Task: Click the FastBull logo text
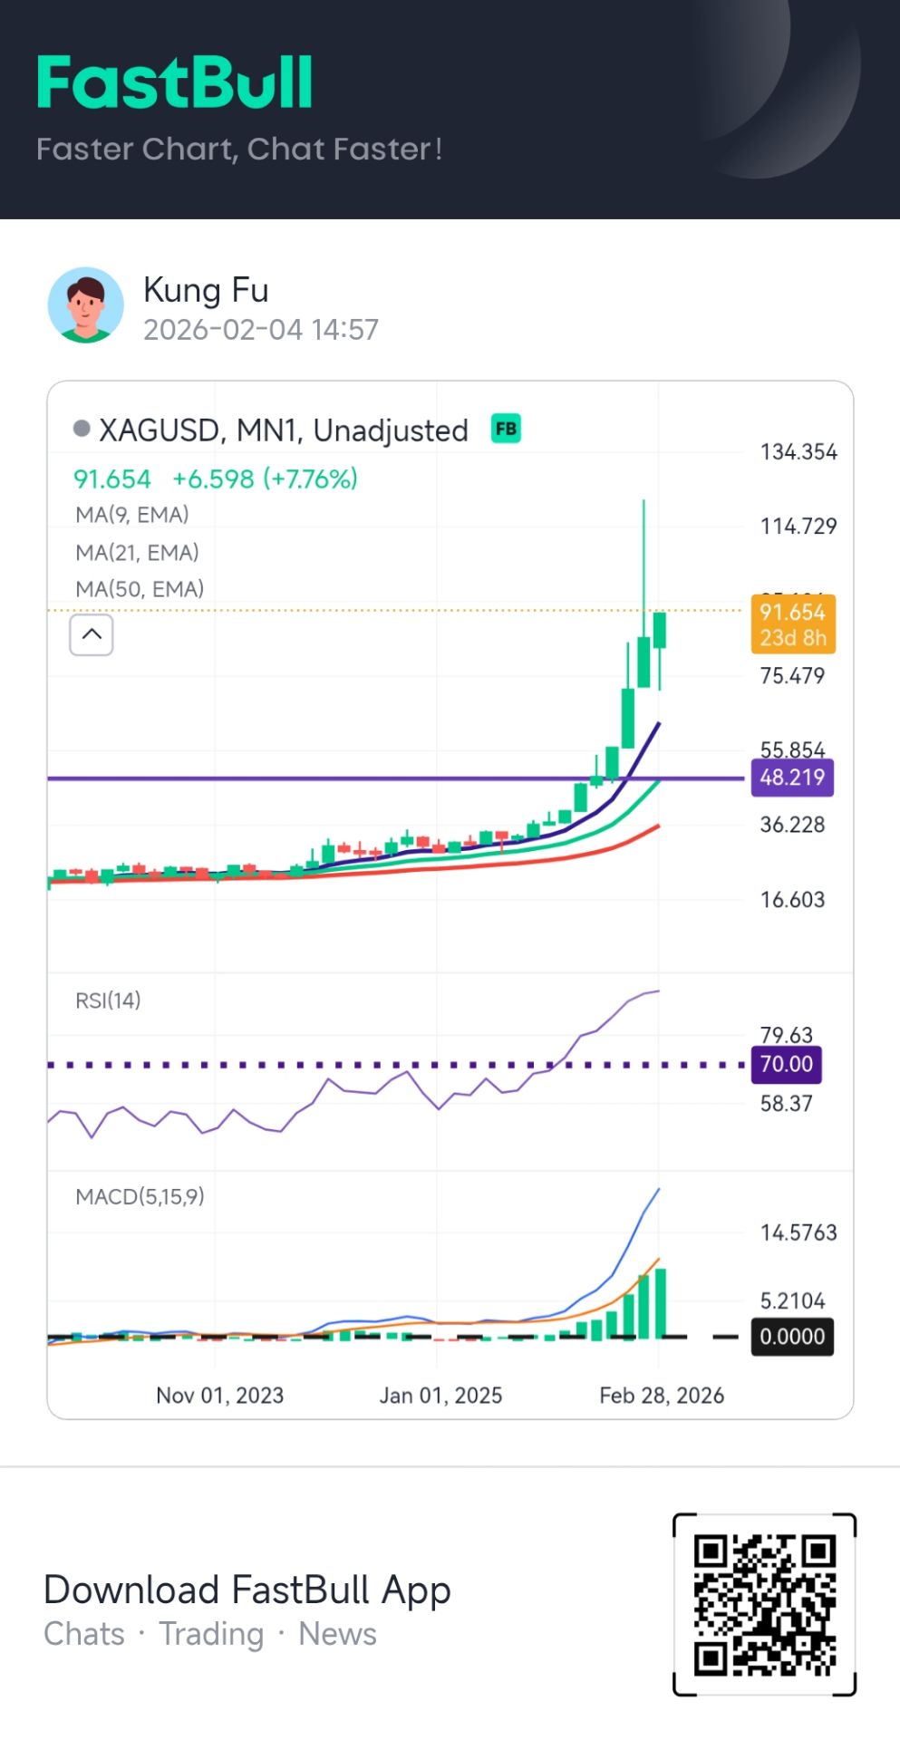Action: pyautogui.click(x=175, y=83)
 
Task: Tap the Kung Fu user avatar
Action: pyautogui.click(x=85, y=305)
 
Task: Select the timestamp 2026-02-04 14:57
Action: pyautogui.click(x=261, y=330)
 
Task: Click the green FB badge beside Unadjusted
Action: pyautogui.click(x=506, y=429)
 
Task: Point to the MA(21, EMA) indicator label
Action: pyautogui.click(x=137, y=552)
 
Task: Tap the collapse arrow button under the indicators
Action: pyautogui.click(x=92, y=634)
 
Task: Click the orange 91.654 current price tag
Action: pyautogui.click(x=793, y=624)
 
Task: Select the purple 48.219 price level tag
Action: pyautogui.click(x=792, y=778)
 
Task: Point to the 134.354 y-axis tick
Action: pyautogui.click(x=798, y=451)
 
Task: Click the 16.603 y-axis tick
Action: pyautogui.click(x=792, y=900)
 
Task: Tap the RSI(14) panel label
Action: pyautogui.click(x=108, y=1000)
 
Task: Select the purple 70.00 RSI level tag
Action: pyautogui.click(x=786, y=1064)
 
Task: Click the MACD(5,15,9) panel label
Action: pyautogui.click(x=140, y=1197)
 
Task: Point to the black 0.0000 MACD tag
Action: pyautogui.click(x=792, y=1337)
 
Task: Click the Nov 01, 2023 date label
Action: pyautogui.click(x=219, y=1396)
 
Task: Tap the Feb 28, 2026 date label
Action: pyautogui.click(x=662, y=1396)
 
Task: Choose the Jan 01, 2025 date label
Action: pyautogui.click(x=440, y=1396)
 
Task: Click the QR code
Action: pyautogui.click(x=765, y=1604)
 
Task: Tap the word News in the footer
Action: pyautogui.click(x=337, y=1634)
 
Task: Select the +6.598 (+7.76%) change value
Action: pyautogui.click(x=265, y=478)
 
